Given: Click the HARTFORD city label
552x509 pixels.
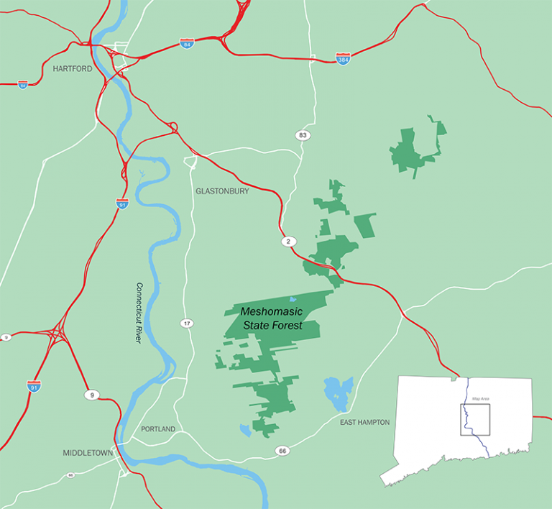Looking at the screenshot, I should (x=73, y=69).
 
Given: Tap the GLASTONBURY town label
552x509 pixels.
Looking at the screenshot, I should (x=222, y=191).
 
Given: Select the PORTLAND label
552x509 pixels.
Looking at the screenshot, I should (x=158, y=429).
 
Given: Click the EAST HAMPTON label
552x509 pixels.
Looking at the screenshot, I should (x=365, y=423).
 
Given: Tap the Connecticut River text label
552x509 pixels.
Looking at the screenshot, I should (x=139, y=312).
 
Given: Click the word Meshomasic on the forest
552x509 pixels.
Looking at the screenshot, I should (x=272, y=312).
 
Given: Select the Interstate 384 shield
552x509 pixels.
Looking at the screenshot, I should (x=344, y=58).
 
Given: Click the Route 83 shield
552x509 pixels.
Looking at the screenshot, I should (x=303, y=135).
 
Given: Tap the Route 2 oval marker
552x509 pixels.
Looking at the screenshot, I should (x=287, y=242).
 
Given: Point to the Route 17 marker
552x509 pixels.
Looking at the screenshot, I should (x=187, y=324).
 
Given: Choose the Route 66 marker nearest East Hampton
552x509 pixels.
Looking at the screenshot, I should (x=282, y=451).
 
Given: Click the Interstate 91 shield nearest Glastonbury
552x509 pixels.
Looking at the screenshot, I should (x=122, y=203).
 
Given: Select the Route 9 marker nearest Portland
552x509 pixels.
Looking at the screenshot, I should (x=91, y=395).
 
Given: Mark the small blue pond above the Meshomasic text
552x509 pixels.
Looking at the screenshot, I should (x=291, y=299).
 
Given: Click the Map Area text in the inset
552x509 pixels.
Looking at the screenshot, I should (x=480, y=398).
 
